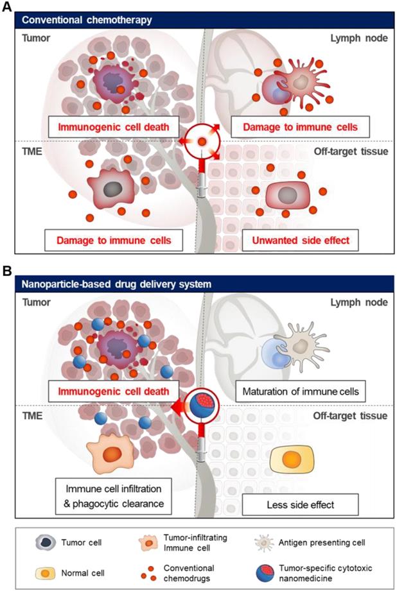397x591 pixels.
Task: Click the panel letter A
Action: click(8, 7)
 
